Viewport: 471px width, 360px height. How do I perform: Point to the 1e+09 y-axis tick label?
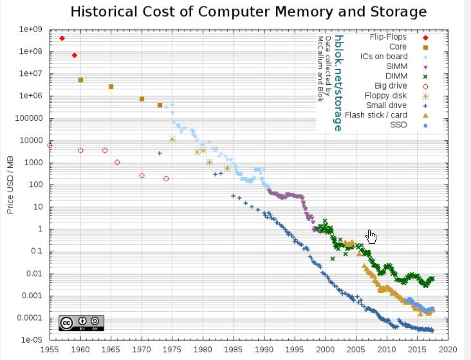[30, 30]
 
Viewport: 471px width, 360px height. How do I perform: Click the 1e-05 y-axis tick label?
[32, 340]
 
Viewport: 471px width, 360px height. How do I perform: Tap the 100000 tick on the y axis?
[28, 118]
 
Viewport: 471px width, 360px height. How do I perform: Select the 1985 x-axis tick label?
[234, 350]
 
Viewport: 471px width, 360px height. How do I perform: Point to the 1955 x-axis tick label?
[50, 350]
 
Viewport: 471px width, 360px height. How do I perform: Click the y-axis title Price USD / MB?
[10, 184]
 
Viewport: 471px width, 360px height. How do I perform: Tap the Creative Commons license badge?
[80, 323]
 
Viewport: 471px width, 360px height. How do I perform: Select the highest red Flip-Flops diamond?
[62, 39]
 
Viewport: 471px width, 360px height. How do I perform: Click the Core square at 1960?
[80, 80]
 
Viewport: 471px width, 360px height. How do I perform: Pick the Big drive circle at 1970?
[142, 175]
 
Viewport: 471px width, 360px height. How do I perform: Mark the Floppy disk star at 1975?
[172, 139]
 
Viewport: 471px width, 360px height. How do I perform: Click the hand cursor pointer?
[371, 237]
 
